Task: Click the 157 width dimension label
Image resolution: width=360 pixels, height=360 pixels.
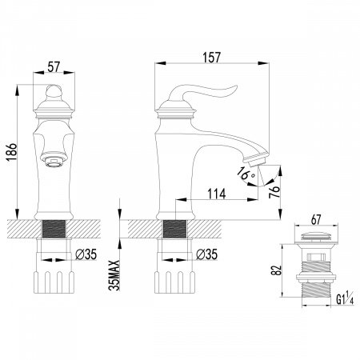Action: [212, 58]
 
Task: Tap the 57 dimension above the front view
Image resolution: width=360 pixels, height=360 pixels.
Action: [54, 66]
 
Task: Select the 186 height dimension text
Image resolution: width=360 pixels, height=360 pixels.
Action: [12, 152]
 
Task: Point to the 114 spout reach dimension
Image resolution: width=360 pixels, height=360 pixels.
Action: [217, 194]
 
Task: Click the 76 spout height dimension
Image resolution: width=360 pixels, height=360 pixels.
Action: [274, 191]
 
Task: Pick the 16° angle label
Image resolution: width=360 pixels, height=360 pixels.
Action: [246, 173]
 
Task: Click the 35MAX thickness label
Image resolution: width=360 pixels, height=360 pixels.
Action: [114, 275]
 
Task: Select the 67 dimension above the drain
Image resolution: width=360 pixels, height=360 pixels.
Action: [316, 219]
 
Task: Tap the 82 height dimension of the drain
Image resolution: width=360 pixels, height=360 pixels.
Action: [277, 270]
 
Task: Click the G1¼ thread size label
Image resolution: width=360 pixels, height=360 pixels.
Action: [345, 299]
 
